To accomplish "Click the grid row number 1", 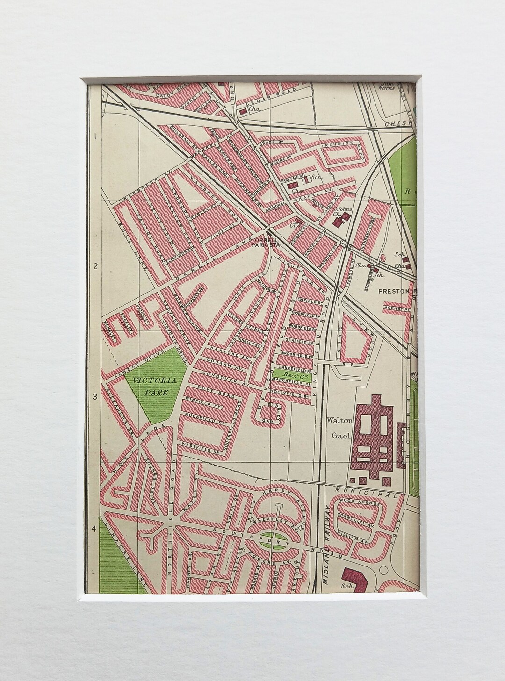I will coord(94,137).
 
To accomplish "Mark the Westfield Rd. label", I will coord(201,446).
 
